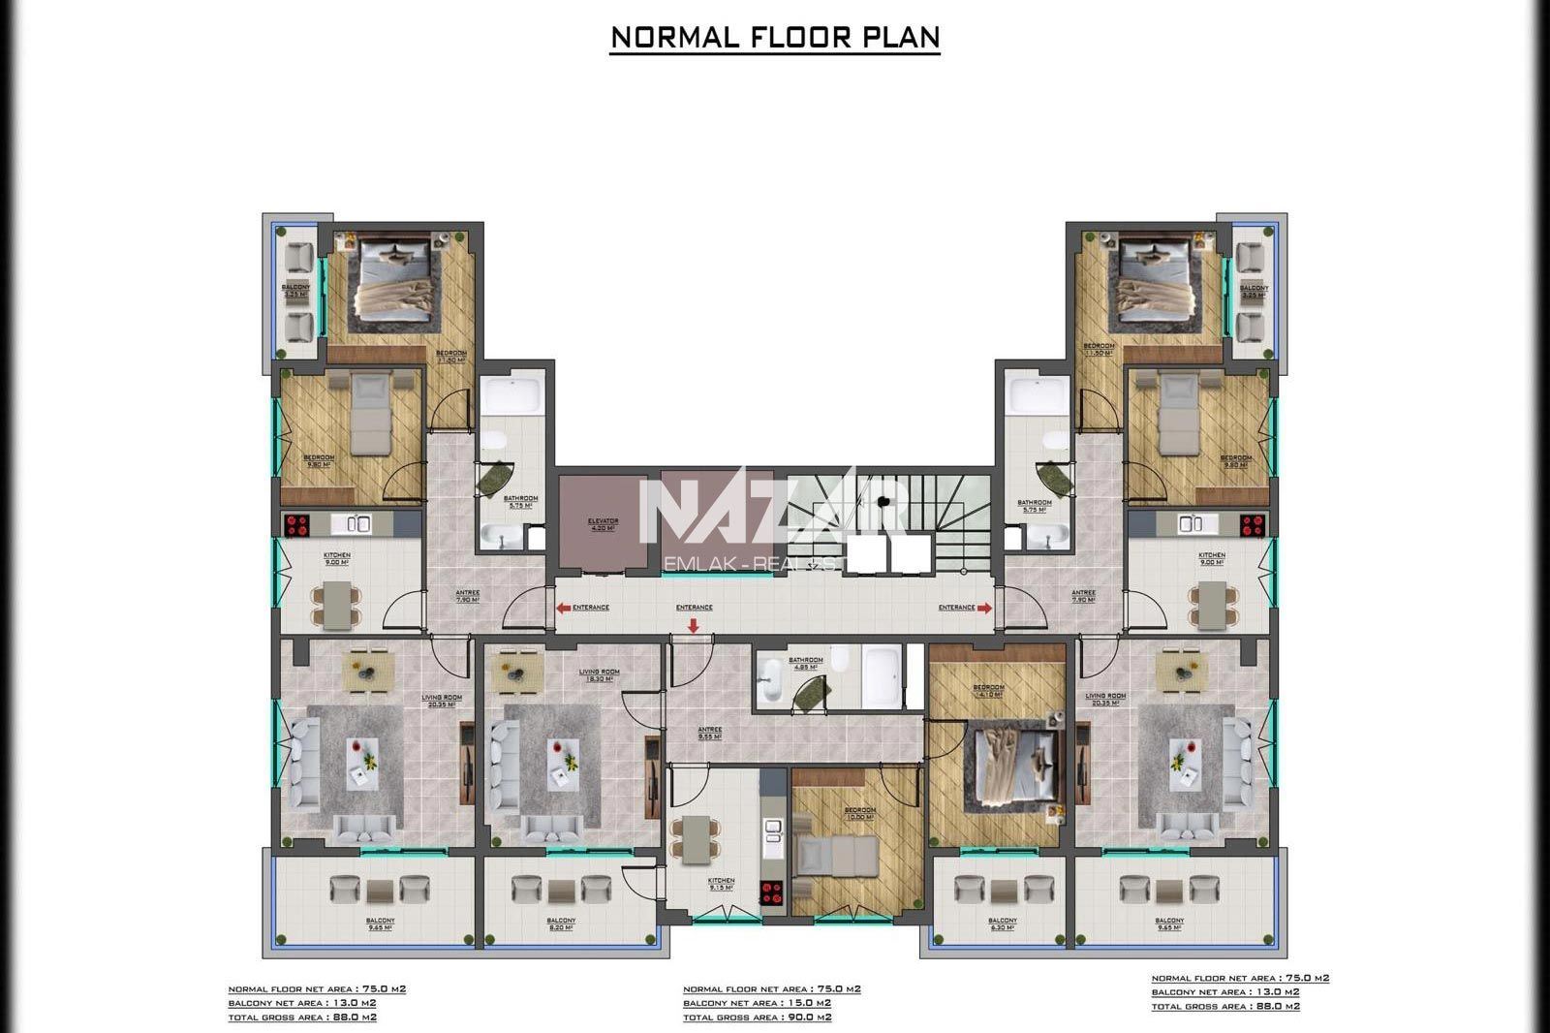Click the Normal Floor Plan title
pos(775,37)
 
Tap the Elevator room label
pos(603,524)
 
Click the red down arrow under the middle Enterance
pos(694,625)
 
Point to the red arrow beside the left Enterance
pos(563,608)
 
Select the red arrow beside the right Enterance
pos(985,608)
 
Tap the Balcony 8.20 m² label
pos(561,923)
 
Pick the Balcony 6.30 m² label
pos(1002,923)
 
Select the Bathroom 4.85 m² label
pos(805,663)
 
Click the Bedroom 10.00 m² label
pos(859,813)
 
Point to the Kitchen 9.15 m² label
pos(721,884)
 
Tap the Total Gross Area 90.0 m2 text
pos(757,1017)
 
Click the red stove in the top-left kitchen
pos(295,524)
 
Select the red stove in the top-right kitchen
pos(1253,524)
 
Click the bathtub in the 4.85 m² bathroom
pos(883,675)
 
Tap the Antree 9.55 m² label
pos(710,733)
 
